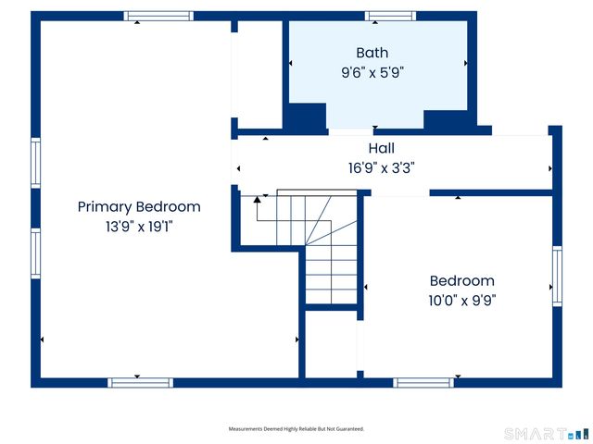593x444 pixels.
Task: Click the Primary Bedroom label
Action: point(139,207)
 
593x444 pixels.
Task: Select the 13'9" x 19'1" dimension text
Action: point(139,227)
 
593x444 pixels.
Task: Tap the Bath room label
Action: point(372,53)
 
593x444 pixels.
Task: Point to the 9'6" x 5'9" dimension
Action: point(372,71)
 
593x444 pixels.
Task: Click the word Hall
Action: point(382,148)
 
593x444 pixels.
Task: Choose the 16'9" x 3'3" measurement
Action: point(382,167)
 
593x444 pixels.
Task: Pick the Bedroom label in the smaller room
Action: point(461,281)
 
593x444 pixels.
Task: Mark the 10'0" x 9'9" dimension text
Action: point(461,300)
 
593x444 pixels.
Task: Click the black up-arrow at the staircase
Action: point(258,200)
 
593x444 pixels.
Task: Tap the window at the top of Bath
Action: point(390,16)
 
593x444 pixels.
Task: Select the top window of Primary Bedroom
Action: point(159,16)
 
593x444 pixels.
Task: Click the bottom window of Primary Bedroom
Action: point(140,382)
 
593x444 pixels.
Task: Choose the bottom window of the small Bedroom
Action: point(423,382)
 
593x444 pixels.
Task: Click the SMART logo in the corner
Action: point(546,433)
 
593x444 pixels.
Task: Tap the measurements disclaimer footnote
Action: point(296,429)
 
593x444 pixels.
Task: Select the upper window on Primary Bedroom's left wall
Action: point(36,164)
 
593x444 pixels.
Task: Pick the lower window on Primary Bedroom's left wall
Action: point(36,253)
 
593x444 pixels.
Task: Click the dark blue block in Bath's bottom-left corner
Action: point(305,117)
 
